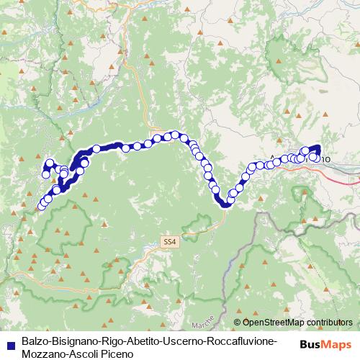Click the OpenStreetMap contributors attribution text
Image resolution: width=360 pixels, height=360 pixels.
pos(297,323)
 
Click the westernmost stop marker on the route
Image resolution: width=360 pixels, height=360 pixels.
pos(41,207)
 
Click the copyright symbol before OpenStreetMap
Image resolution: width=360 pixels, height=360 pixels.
pos(238,323)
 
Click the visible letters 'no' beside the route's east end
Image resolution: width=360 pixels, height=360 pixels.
pos(325,157)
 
